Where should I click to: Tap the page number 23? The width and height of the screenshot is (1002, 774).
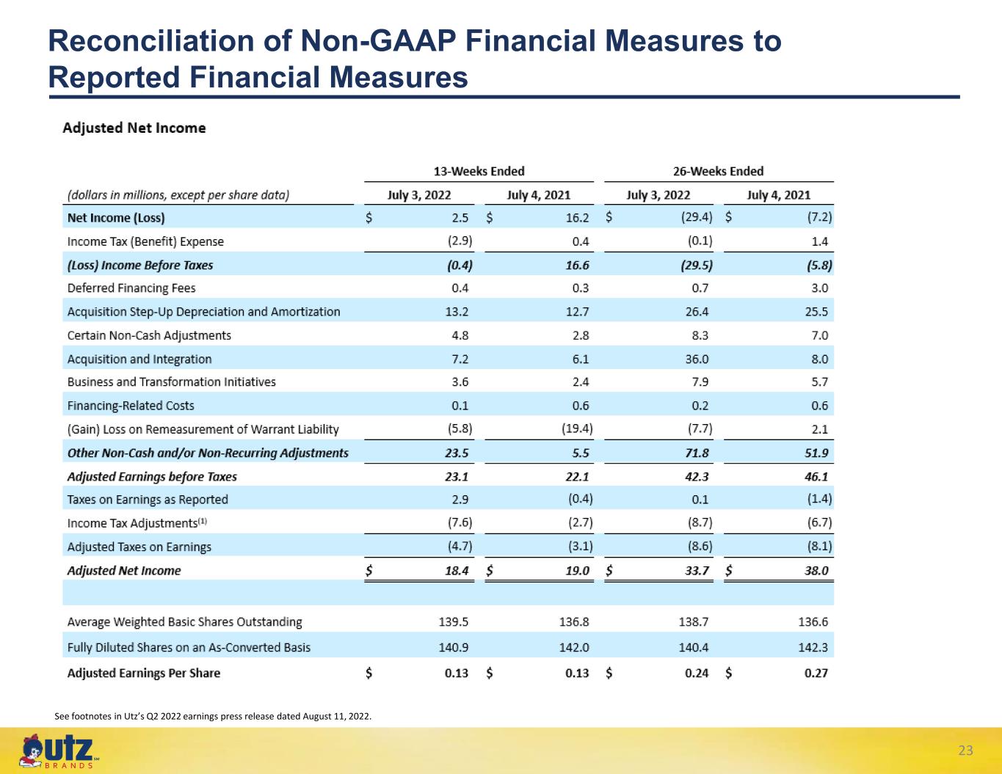pos(965,751)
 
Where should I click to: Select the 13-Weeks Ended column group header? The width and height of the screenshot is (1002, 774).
pos(479,172)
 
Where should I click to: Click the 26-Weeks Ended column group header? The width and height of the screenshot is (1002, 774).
pos(719,172)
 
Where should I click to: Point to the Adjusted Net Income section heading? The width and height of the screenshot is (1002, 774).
pos(134,128)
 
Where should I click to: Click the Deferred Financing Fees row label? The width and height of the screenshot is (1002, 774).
pos(131,288)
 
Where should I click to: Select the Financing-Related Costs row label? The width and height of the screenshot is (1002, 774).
pos(131,406)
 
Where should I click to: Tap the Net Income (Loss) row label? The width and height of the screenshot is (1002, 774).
pos(116,218)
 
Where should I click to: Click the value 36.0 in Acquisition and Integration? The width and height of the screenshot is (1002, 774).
pos(697,359)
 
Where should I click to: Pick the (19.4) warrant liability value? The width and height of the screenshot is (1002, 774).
pos(577,429)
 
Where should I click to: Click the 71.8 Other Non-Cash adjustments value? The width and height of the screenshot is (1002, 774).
pos(697,453)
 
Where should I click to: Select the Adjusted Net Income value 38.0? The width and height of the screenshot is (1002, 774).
pos(816,571)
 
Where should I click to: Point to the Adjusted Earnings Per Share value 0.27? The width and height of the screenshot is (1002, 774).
pos(816,673)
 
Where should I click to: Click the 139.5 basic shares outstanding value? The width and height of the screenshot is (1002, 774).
pos(453,622)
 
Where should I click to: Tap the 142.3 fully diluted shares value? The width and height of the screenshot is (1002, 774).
pos(813,648)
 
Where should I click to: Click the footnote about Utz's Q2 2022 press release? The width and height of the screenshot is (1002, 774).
pos(213,717)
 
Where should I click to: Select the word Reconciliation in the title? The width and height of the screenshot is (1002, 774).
pos(151,41)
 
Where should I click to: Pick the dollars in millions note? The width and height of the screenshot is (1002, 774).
pos(178,195)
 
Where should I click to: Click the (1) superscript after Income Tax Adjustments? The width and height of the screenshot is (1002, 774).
pos(203,521)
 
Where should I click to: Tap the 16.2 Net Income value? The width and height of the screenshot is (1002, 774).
pos(577,218)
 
